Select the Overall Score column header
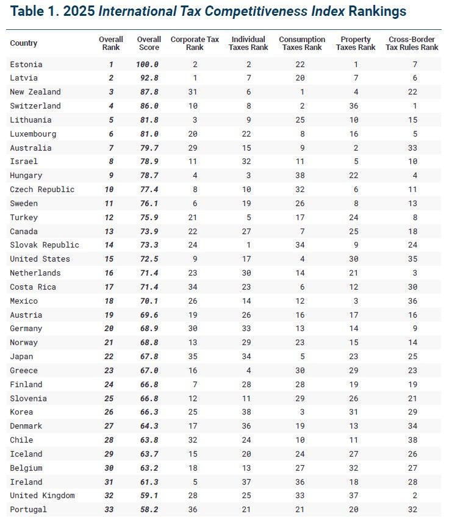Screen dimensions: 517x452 tap(148, 43)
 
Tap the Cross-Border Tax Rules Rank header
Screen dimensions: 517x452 tap(413, 43)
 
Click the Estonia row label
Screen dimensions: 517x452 tap(26, 64)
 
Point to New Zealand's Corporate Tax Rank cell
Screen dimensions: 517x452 tap(195, 92)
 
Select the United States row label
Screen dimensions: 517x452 tap(40, 259)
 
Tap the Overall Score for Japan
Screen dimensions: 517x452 tap(148, 357)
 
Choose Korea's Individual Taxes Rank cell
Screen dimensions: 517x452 tap(248, 412)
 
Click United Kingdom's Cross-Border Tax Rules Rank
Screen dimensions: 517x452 tap(413, 496)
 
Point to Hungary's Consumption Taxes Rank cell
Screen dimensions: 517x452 tap(301, 176)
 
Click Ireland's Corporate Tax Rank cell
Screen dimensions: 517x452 tap(195, 482)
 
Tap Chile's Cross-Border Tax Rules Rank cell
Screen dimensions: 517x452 tap(413, 440)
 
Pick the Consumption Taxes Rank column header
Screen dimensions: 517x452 tap(301, 43)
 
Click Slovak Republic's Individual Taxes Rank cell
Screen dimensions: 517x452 tap(248, 245)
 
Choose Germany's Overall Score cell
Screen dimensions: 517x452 tap(148, 329)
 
